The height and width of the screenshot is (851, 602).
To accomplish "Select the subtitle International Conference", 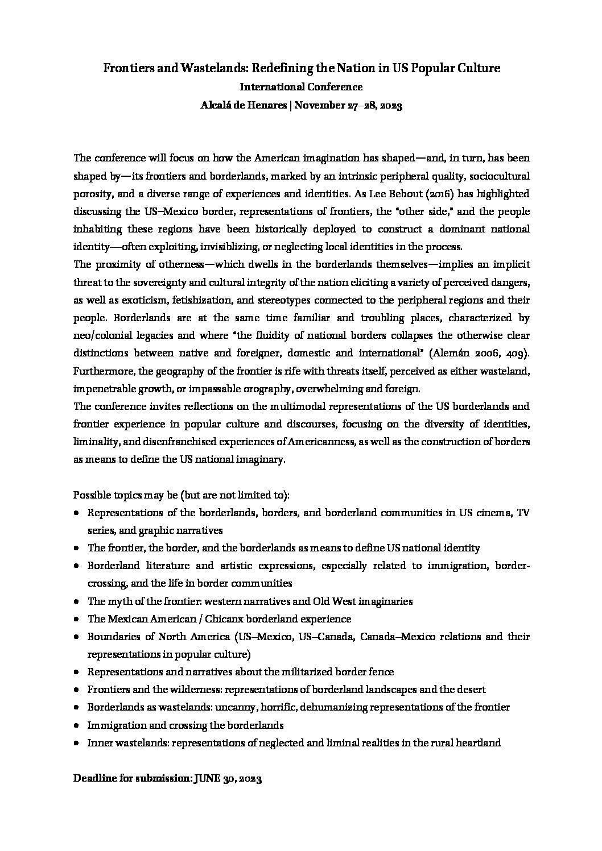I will tap(301, 87).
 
